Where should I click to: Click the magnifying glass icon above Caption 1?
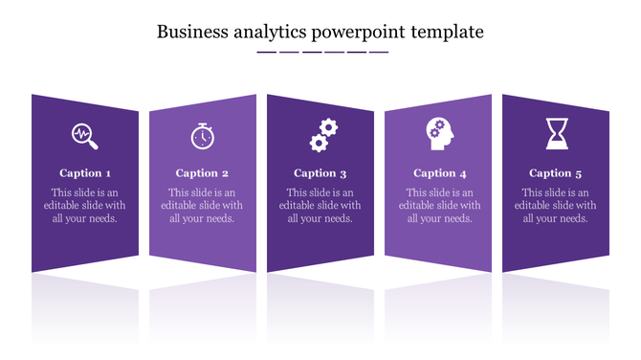click(85, 136)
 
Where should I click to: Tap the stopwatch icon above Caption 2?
click(202, 136)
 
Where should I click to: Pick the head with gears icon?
click(440, 134)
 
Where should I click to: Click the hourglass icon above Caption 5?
click(556, 133)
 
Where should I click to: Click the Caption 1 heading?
click(85, 173)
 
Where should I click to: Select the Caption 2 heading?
click(202, 173)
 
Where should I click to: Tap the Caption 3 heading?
click(320, 173)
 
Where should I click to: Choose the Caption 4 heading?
click(440, 173)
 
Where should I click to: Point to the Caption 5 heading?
click(556, 173)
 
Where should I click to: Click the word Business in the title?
click(190, 32)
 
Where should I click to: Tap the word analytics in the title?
click(266, 32)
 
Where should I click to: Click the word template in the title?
click(448, 32)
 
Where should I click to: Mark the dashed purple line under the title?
click(322, 52)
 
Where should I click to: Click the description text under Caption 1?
click(85, 205)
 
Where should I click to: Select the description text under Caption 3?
click(320, 205)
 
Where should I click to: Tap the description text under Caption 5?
click(556, 205)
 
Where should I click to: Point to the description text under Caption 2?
click(202, 205)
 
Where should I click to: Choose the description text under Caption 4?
click(440, 205)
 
